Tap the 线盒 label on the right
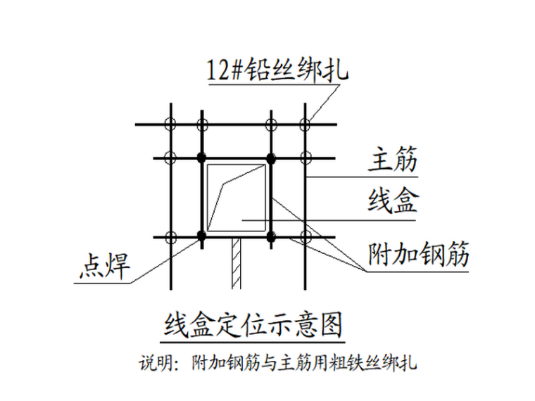coord(392,201)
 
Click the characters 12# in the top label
coord(225,70)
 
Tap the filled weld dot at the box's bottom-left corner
coord(202,236)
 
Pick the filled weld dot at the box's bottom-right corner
coord(270,236)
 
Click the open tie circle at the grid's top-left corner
coord(169,125)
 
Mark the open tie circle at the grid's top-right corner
coord(305,125)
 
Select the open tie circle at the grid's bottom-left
coord(169,236)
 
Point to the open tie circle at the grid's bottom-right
coord(305,236)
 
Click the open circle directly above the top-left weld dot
coord(202,125)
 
